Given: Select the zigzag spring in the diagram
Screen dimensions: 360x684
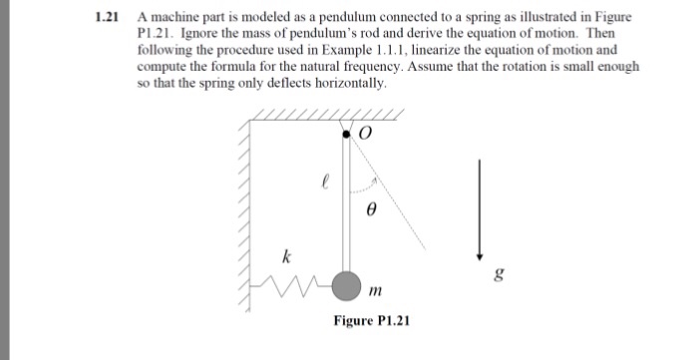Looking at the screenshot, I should click(299, 289).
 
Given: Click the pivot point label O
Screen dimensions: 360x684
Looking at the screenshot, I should click(364, 133).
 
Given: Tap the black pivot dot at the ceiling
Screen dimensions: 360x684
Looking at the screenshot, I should click(347, 132).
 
